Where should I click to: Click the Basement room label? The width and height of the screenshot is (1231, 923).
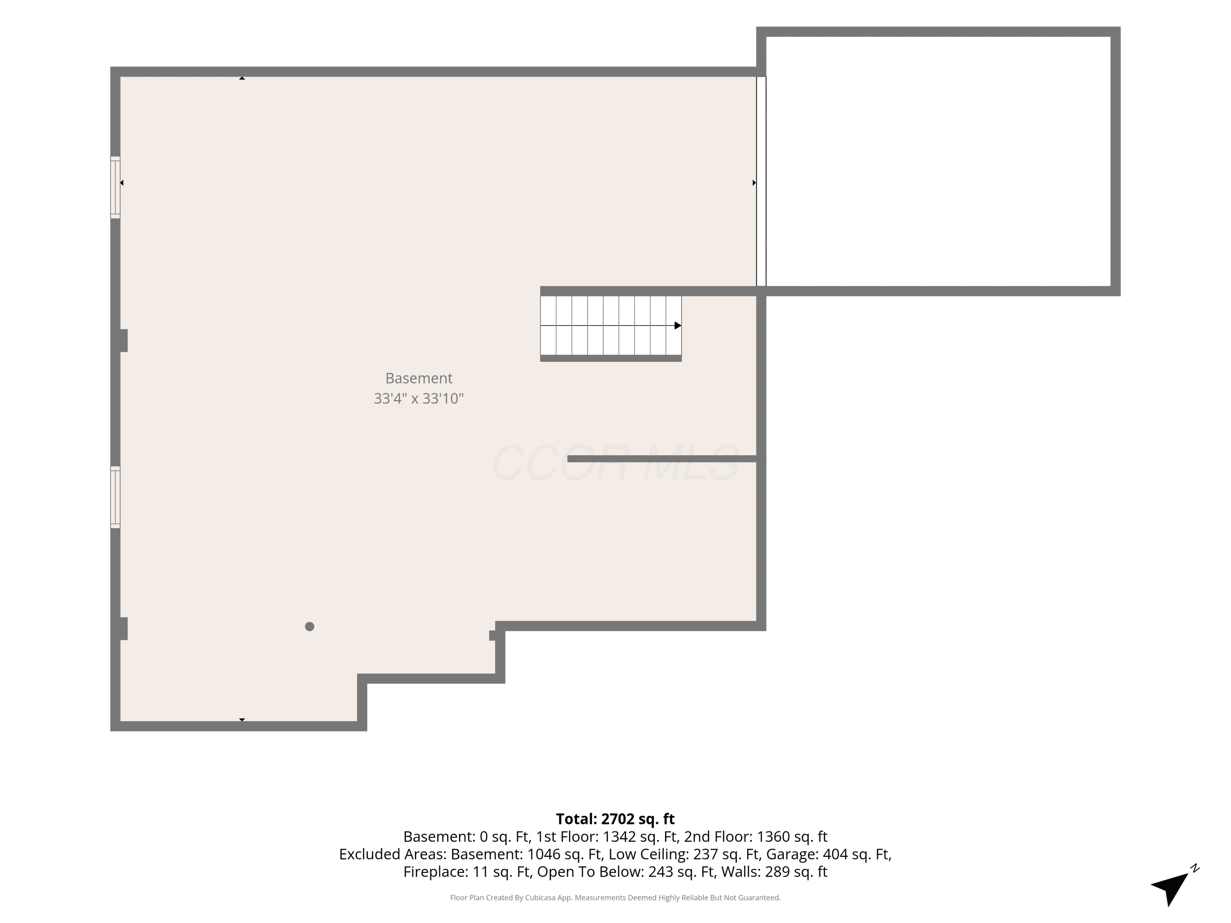[419, 378]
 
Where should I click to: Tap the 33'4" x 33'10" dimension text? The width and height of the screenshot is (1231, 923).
[419, 398]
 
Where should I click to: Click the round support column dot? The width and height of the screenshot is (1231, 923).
[309, 626]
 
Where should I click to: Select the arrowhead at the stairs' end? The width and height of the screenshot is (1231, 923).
[678, 325]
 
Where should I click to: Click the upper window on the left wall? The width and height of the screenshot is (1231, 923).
[115, 187]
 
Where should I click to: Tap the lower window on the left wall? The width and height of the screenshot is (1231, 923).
[115, 497]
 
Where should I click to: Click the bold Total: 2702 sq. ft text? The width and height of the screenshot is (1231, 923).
[615, 819]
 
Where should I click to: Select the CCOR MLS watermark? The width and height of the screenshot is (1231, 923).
[615, 463]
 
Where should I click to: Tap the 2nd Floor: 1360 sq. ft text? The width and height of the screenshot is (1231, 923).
[756, 837]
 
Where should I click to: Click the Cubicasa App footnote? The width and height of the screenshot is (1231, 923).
[615, 898]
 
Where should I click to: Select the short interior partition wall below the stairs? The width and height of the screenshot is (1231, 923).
[662, 459]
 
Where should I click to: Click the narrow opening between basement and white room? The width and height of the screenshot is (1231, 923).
[761, 181]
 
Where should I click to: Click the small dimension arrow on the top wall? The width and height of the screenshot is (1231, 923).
[242, 78]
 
